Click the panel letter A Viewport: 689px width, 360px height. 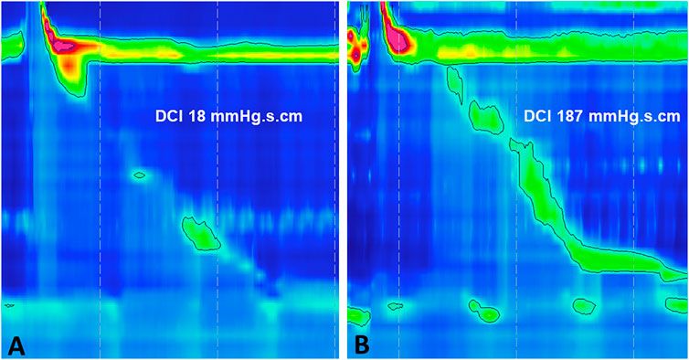click(x=16, y=344)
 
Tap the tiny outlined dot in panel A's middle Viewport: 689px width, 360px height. click(x=139, y=174)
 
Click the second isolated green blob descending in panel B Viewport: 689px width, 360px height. click(x=484, y=117)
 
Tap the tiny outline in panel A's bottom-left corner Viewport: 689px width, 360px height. click(x=9, y=304)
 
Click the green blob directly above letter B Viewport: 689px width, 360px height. click(x=357, y=315)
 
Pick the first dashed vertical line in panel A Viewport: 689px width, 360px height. click(x=100, y=183)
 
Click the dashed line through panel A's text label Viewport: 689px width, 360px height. click(x=217, y=117)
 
